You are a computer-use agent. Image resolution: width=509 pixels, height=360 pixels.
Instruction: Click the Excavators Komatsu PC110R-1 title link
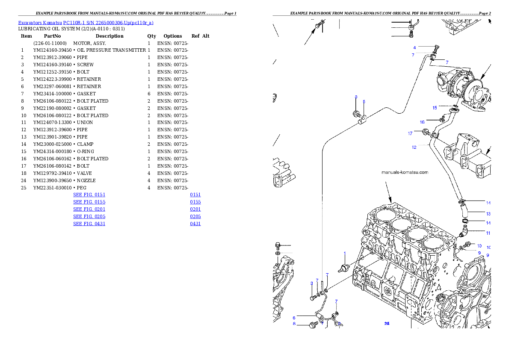86,23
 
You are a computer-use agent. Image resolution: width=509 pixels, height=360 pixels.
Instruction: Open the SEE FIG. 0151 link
89,195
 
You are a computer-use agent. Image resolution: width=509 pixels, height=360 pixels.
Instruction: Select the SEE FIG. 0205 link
89,216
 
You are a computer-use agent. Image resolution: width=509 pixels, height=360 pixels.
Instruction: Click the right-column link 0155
195,202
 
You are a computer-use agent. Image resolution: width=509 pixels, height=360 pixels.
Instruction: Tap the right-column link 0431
195,224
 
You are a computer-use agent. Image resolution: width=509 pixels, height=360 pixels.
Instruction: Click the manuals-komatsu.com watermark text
404,172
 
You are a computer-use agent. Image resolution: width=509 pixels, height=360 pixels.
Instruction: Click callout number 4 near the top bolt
414,47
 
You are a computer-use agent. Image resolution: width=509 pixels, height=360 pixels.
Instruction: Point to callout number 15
435,107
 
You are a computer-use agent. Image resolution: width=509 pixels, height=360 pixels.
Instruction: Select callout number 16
422,122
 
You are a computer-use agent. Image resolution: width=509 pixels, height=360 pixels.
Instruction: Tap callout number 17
410,133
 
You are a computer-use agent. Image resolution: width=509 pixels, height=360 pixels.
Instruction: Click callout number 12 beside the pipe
414,148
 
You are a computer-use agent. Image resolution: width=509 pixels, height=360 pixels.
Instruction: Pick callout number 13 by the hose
488,213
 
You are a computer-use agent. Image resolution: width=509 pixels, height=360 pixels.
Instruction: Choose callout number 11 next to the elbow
488,233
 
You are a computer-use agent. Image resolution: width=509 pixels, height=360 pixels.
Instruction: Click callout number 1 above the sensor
344,253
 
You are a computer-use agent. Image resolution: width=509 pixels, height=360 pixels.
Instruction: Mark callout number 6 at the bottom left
294,318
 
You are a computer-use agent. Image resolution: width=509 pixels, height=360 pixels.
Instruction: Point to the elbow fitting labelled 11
462,233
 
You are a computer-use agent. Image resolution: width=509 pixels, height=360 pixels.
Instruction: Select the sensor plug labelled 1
344,269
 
